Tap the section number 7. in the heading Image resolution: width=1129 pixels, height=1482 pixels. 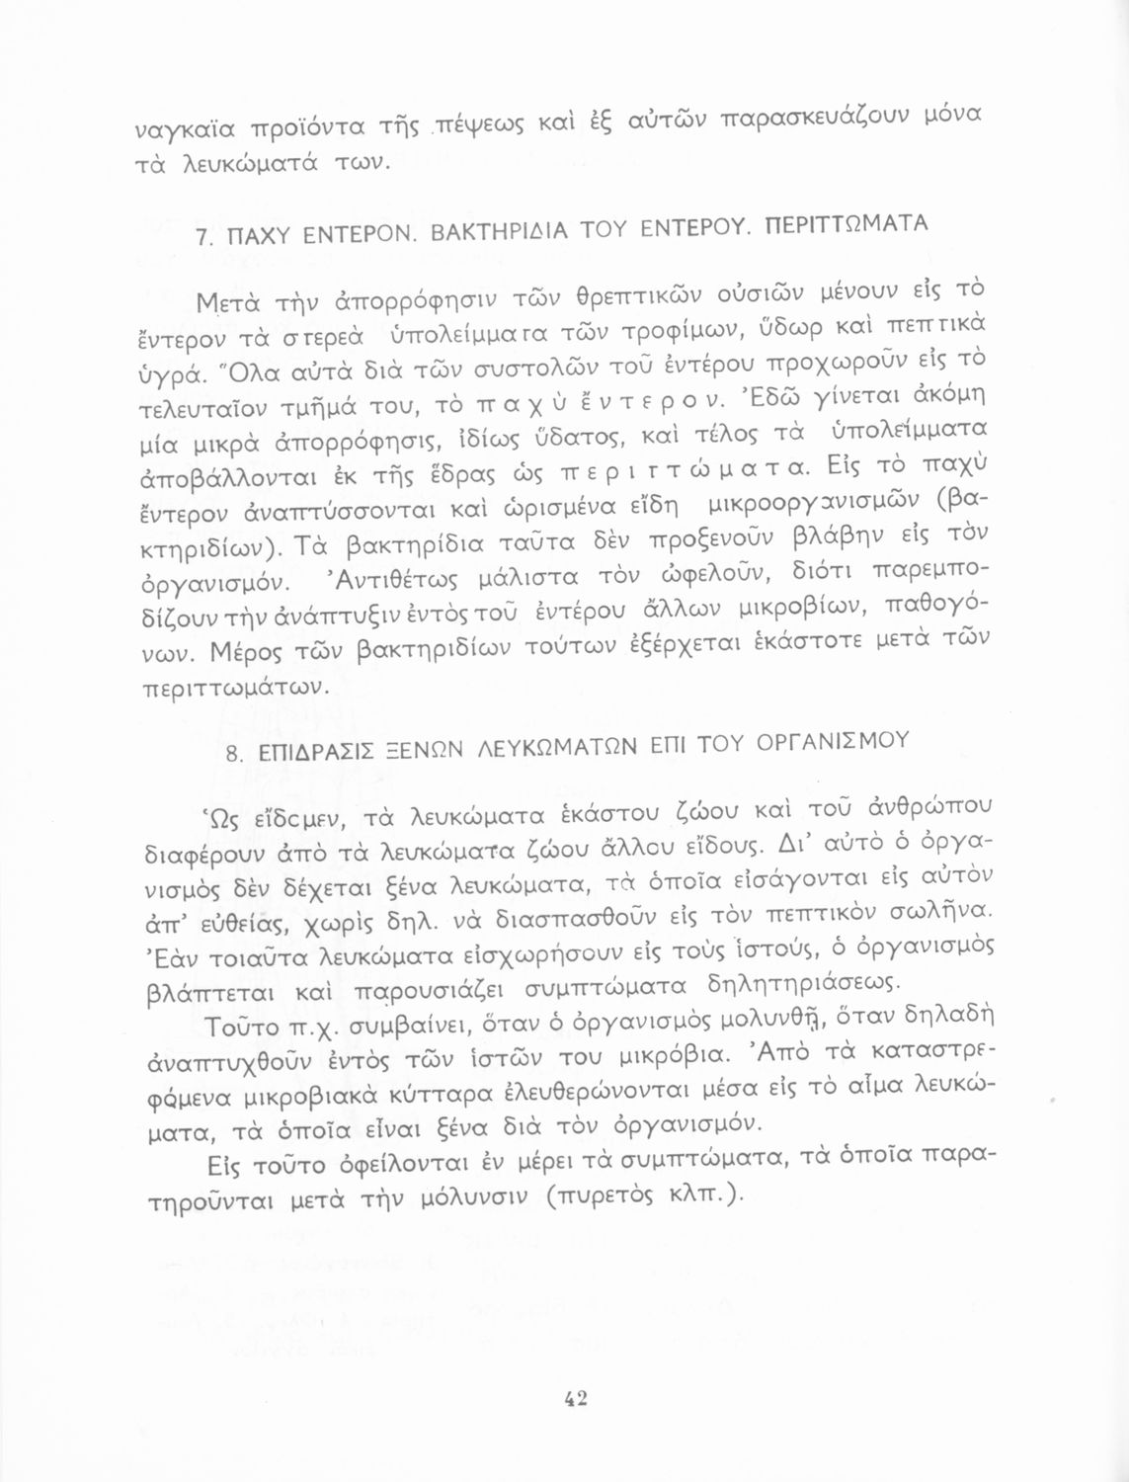point(204,238)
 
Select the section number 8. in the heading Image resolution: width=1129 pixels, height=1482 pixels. point(234,756)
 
